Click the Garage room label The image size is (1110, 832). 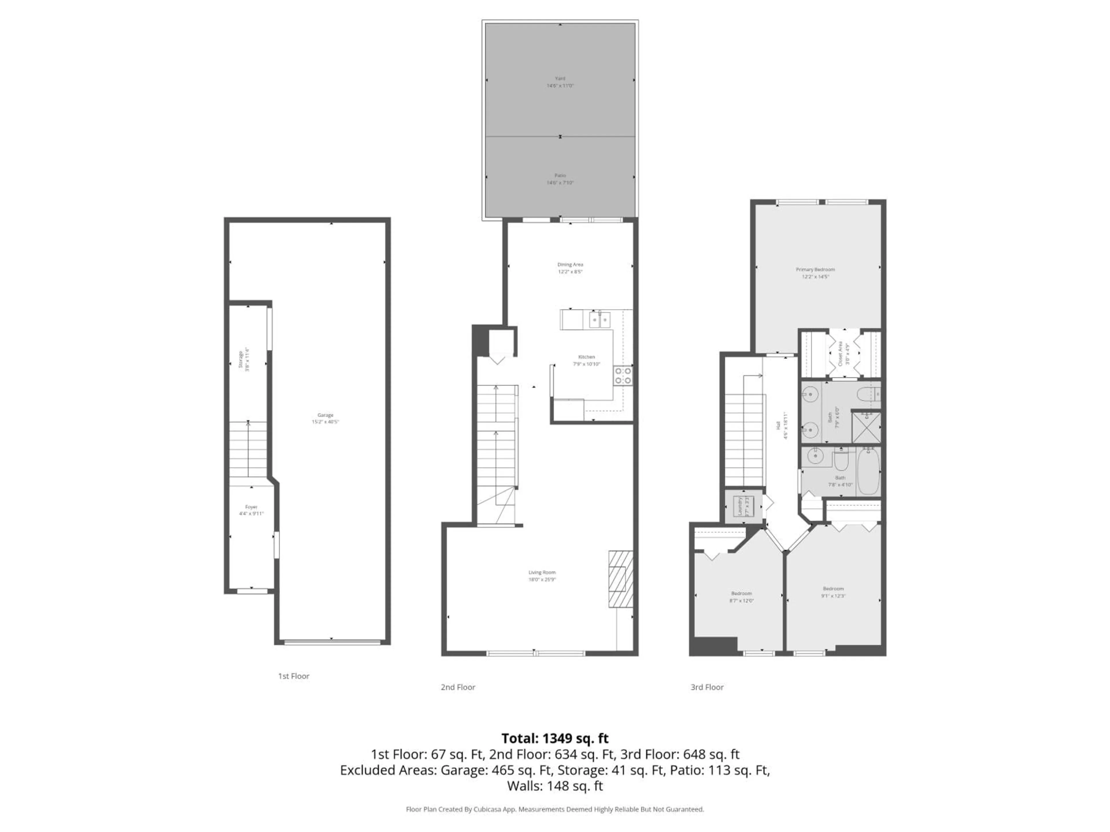pos(325,415)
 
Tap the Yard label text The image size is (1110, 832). pos(560,78)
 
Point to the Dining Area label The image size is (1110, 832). pos(570,264)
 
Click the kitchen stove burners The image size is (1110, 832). pos(623,376)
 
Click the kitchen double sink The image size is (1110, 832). pos(600,319)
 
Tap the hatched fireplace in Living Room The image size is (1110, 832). pos(620,579)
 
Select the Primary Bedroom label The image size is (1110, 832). pos(815,269)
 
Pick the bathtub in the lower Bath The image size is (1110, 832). pos(868,471)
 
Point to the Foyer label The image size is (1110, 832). pos(251,507)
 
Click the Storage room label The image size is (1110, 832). pos(240,359)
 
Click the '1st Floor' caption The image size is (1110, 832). pos(294,676)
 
